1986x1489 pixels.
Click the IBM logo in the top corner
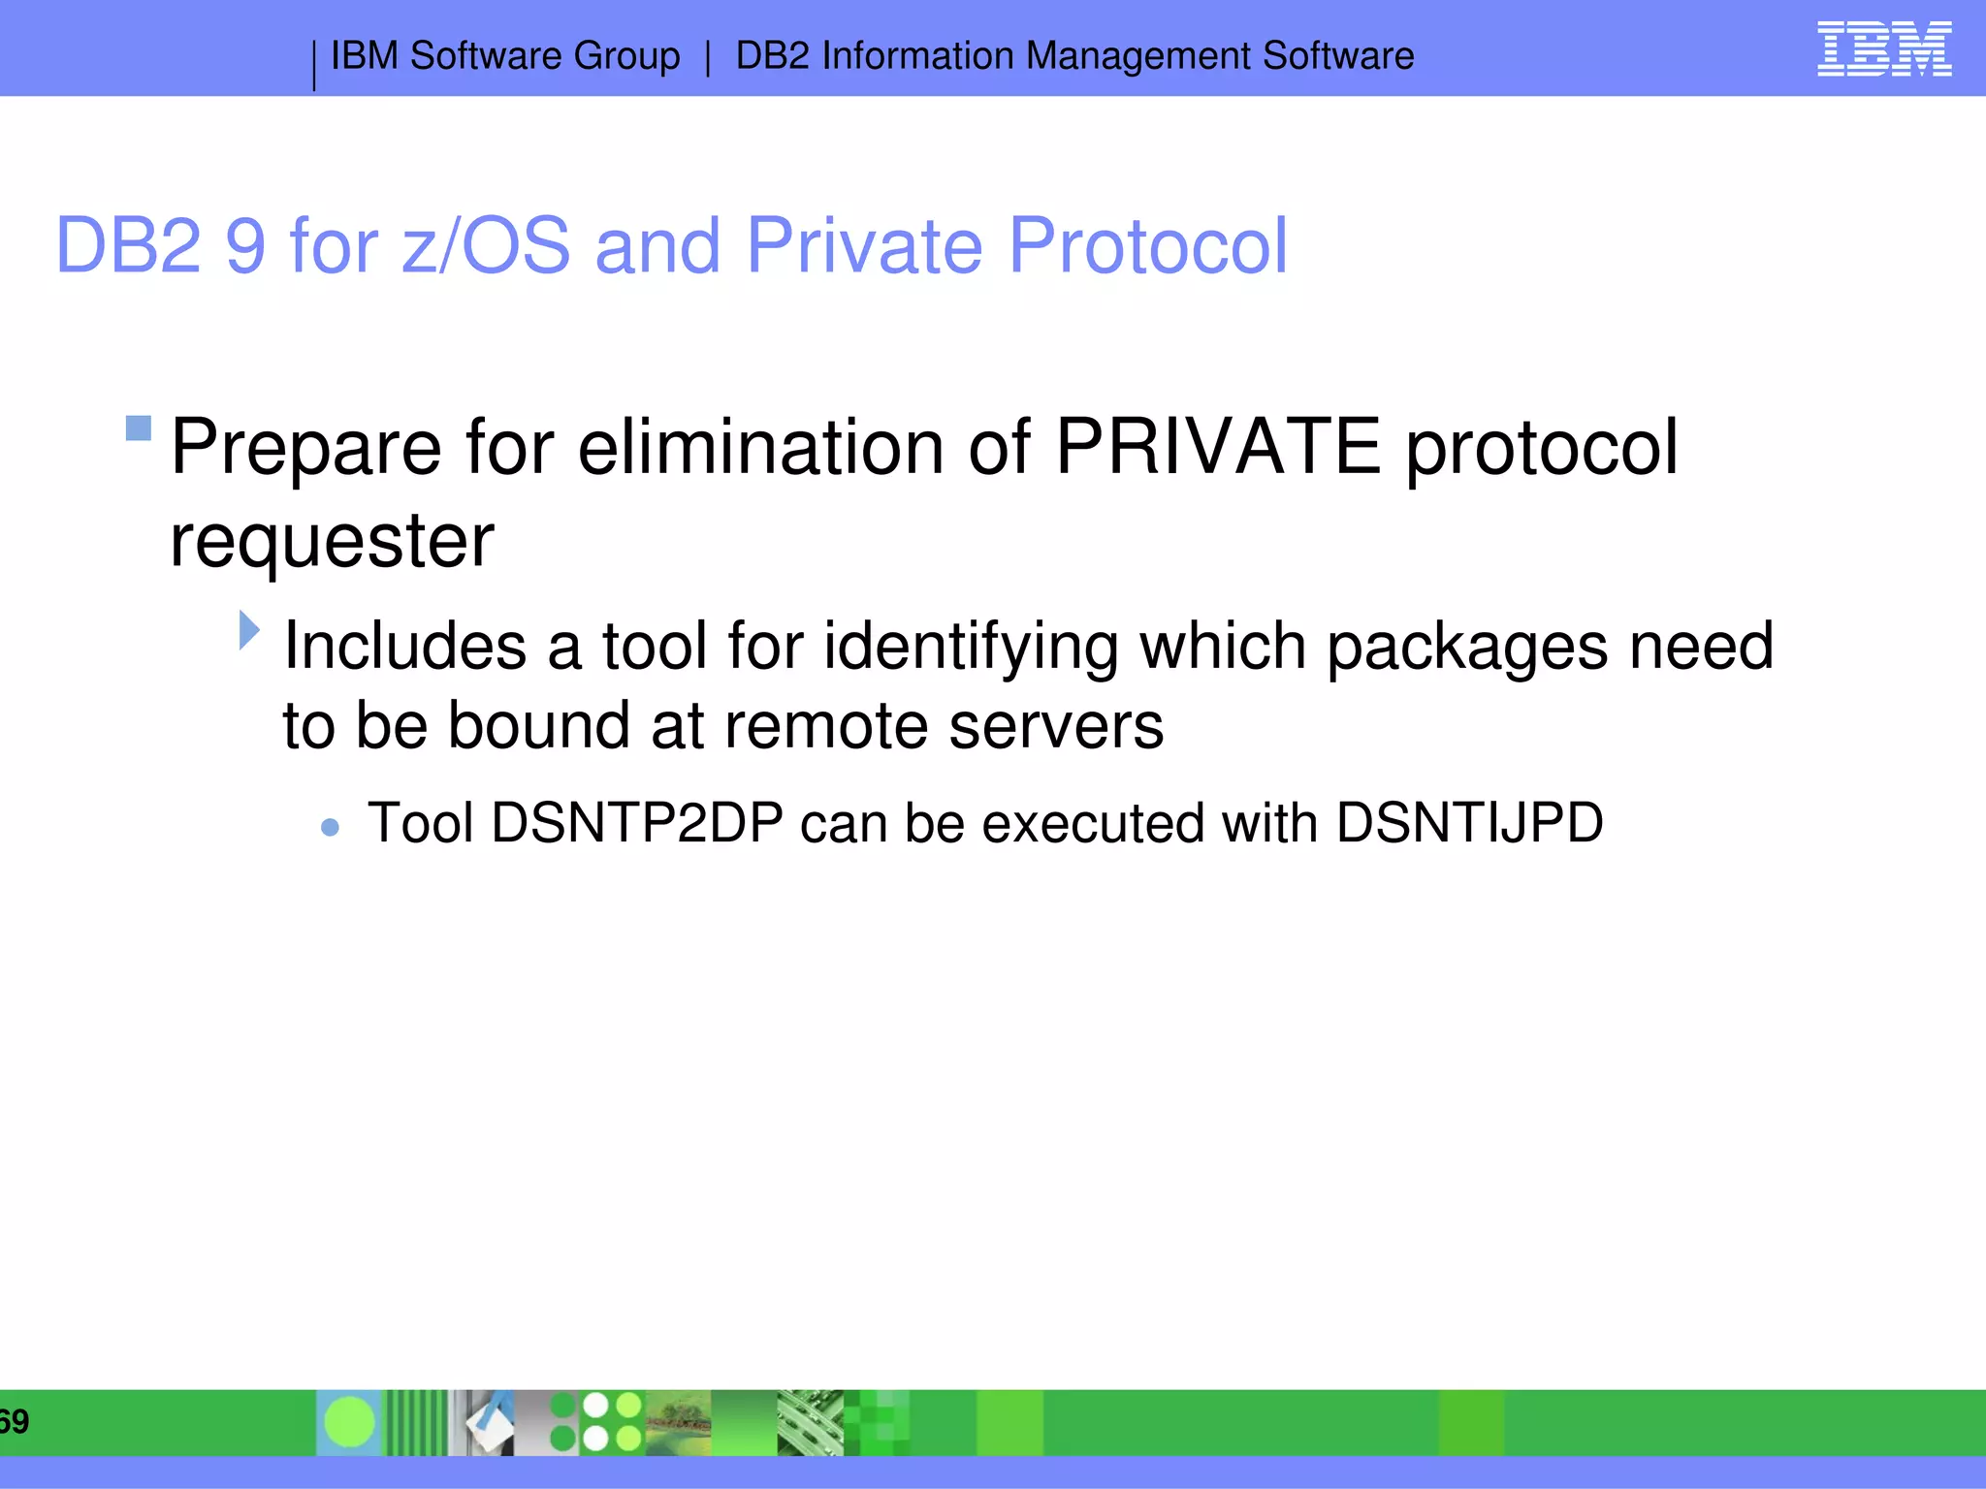pyautogui.click(x=1884, y=48)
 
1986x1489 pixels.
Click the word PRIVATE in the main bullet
pyautogui.click(x=1218, y=447)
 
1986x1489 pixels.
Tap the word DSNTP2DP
pyautogui.click(x=637, y=823)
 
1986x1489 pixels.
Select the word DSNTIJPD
pyautogui.click(x=1469, y=823)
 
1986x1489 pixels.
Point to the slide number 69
pyautogui.click(x=14, y=1422)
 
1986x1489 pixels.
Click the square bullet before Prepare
pyautogui.click(x=139, y=428)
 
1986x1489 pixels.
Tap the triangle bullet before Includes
pyautogui.click(x=249, y=630)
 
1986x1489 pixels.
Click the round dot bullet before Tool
pyautogui.click(x=330, y=827)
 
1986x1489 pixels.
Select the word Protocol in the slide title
pyautogui.click(x=1148, y=246)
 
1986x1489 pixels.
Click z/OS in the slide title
pyautogui.click(x=486, y=246)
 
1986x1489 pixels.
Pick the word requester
pyautogui.click(x=332, y=541)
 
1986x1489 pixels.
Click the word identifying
pyautogui.click(x=971, y=648)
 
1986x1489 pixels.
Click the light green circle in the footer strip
pyautogui.click(x=349, y=1422)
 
